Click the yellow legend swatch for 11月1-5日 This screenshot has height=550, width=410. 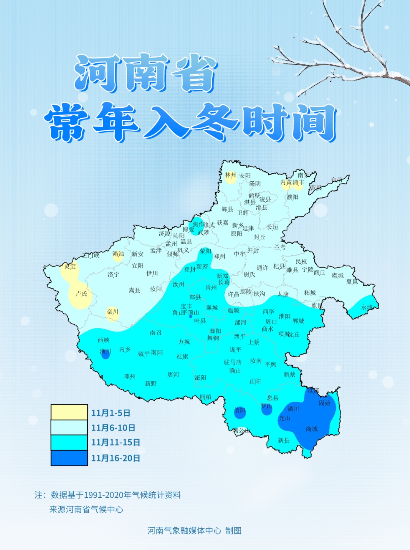pyautogui.click(x=69, y=412)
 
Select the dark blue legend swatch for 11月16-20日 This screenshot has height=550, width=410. pyautogui.click(x=69, y=458)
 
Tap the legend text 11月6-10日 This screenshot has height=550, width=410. pyautogui.click(x=113, y=428)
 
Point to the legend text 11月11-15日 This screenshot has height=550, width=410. pyautogui.click(x=115, y=443)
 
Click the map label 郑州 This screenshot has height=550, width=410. pyautogui.click(x=219, y=256)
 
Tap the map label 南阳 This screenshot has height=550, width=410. pyautogui.click(x=157, y=353)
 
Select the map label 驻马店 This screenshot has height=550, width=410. pyautogui.click(x=233, y=362)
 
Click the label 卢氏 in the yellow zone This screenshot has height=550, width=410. pyautogui.click(x=81, y=294)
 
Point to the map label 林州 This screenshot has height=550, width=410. pyautogui.click(x=230, y=175)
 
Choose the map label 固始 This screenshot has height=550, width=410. pyautogui.click(x=325, y=403)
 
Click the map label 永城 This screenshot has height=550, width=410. pyautogui.click(x=367, y=307)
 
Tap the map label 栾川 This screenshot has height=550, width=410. pyautogui.click(x=112, y=312)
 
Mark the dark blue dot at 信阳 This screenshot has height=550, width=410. pyautogui.click(x=240, y=412)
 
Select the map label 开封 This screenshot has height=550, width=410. pyautogui.click(x=253, y=250)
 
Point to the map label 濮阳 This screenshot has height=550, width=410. pyautogui.click(x=292, y=197)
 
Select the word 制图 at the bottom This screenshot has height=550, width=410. pyautogui.click(x=233, y=531)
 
